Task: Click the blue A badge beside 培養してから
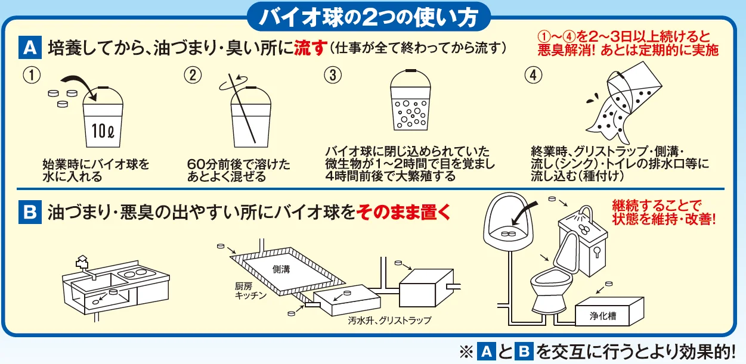click(x=30, y=47)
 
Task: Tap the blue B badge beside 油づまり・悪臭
click(x=30, y=212)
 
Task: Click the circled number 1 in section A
click(x=32, y=75)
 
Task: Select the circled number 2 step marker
click(x=193, y=75)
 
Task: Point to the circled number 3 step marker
click(x=333, y=75)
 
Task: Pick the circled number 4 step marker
click(x=533, y=75)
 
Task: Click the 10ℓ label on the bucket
click(x=103, y=130)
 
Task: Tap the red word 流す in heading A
click(x=309, y=48)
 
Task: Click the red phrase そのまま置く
click(x=403, y=212)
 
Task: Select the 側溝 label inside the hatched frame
click(x=281, y=269)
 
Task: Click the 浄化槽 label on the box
click(x=603, y=316)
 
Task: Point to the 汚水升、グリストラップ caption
click(x=389, y=321)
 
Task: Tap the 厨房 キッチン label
click(x=250, y=291)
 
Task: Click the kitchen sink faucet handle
click(x=82, y=262)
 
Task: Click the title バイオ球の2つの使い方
click(x=369, y=17)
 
